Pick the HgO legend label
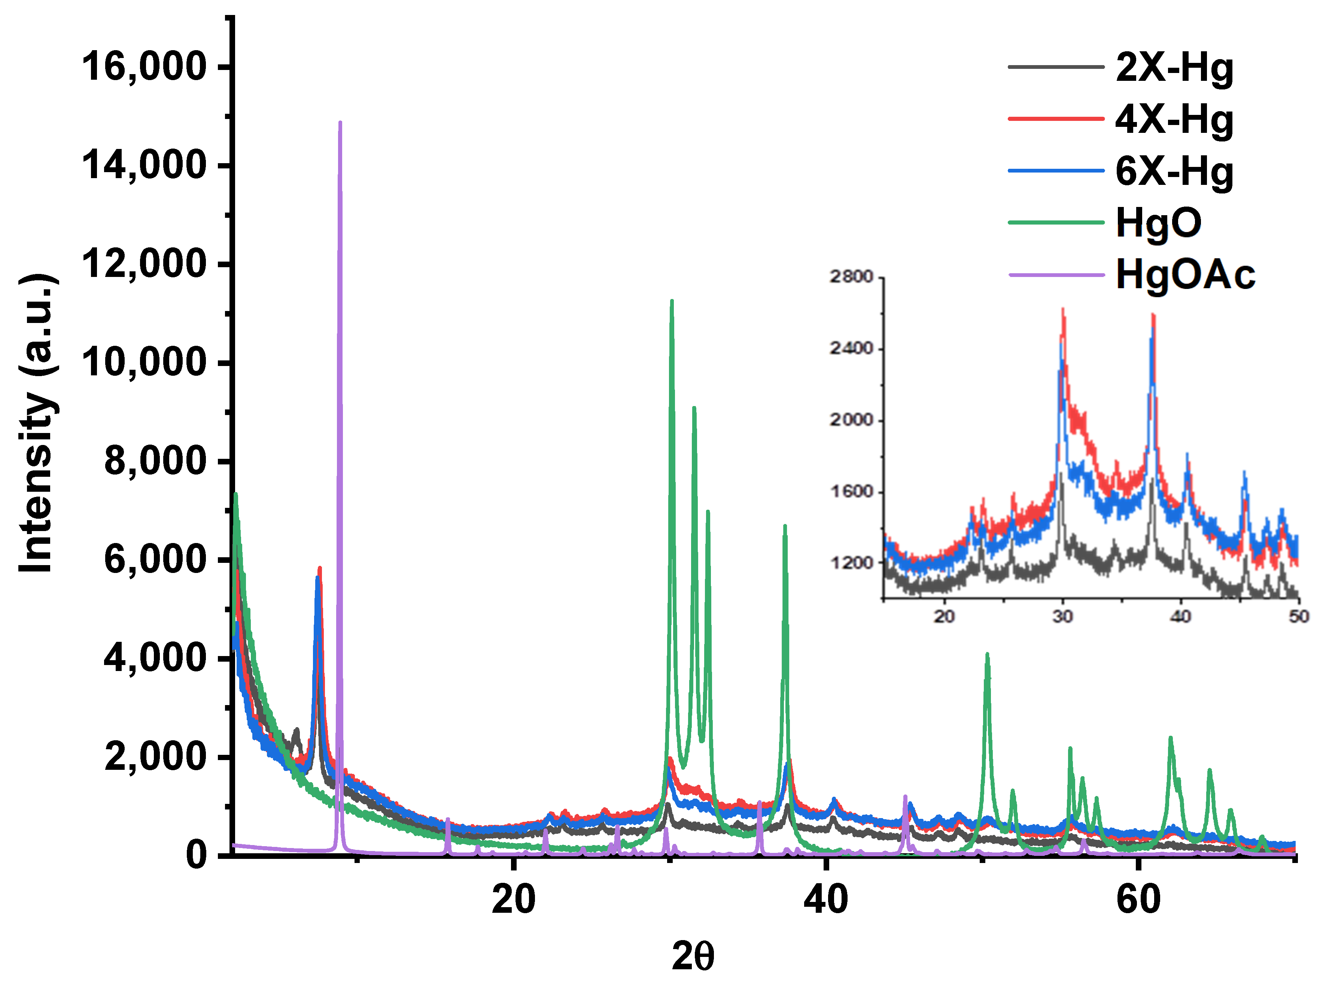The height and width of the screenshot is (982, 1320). click(x=1158, y=223)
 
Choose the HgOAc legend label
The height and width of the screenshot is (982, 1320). click(x=1185, y=275)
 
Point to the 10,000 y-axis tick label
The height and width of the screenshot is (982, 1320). click(x=144, y=362)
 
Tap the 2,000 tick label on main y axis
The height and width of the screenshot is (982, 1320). click(x=156, y=757)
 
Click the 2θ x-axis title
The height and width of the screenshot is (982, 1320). click(x=693, y=957)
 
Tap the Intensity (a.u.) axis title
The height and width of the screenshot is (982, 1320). click(x=37, y=423)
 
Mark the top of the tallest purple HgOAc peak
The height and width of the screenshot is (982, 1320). click(x=340, y=122)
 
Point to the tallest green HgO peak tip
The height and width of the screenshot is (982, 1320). click(x=672, y=301)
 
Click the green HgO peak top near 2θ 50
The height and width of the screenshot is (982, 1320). click(x=987, y=655)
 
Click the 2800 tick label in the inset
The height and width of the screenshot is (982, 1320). click(x=851, y=277)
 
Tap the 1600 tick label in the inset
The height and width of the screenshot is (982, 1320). click(x=851, y=492)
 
